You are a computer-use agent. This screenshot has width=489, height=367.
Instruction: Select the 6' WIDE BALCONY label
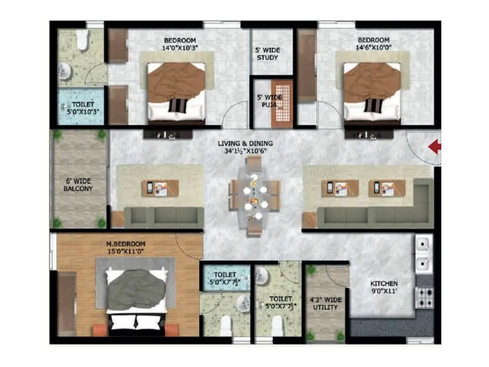79,185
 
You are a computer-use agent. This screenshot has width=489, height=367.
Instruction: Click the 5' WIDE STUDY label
267,54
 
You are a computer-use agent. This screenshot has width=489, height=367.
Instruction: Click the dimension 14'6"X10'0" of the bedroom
374,48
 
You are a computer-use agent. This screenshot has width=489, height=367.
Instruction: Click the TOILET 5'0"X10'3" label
78,108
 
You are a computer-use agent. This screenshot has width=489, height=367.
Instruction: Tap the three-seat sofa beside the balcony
164,217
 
